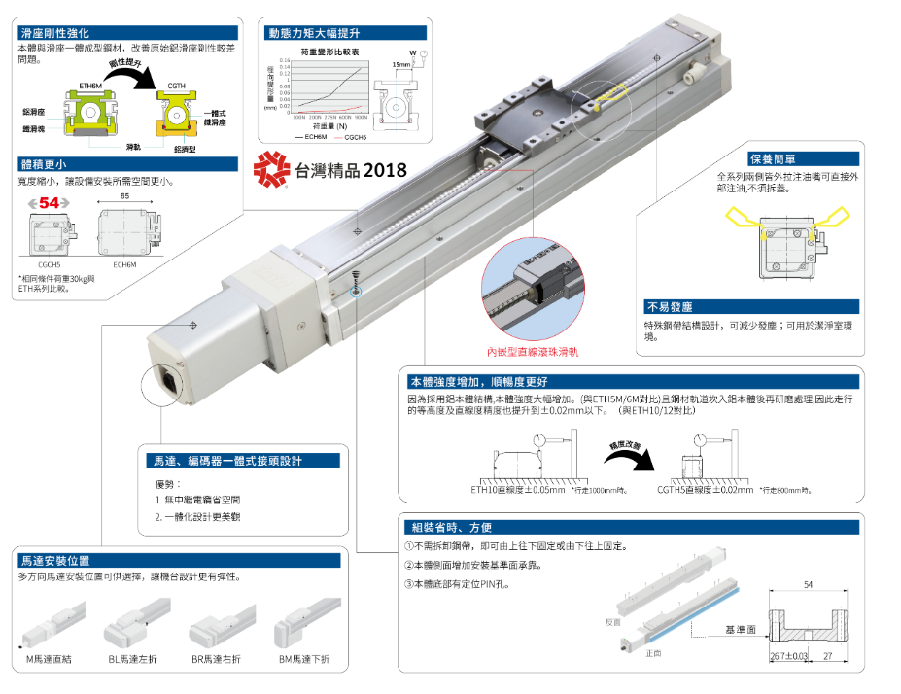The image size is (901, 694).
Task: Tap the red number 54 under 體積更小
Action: tap(49, 202)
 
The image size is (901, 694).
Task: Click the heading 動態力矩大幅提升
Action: tap(310, 32)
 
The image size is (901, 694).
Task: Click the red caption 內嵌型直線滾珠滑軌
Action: tap(538, 351)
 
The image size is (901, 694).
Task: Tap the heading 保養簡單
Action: tap(773, 158)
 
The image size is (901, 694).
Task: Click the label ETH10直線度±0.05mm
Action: tap(517, 490)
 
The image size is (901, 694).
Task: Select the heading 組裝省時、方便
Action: tap(452, 528)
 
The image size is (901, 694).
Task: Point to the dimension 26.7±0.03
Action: tap(787, 657)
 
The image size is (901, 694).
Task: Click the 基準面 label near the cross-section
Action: tap(739, 630)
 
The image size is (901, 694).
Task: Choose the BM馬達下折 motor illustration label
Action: tap(303, 659)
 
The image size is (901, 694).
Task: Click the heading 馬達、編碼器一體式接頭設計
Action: tap(228, 461)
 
